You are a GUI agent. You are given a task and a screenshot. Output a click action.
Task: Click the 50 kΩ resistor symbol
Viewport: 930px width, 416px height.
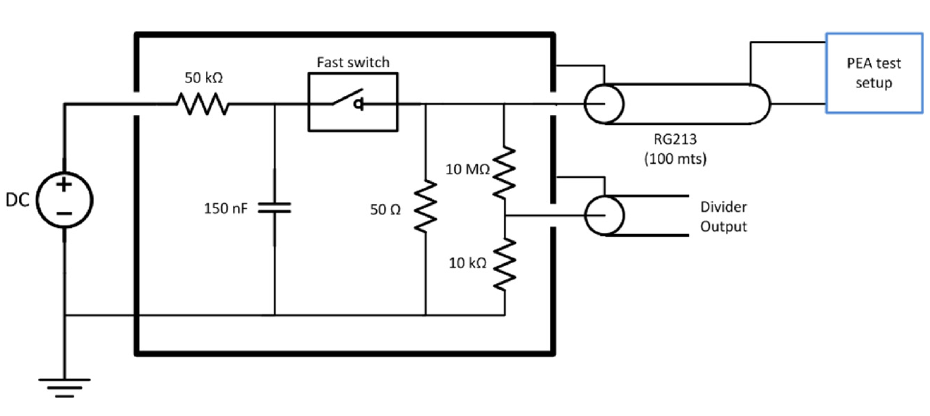point(203,104)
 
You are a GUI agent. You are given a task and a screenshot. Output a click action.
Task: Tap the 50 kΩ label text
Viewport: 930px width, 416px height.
point(204,78)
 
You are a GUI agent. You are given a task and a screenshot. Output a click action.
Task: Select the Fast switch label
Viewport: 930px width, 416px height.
point(353,63)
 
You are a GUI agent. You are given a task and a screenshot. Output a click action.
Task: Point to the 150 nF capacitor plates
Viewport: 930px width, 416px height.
point(274,208)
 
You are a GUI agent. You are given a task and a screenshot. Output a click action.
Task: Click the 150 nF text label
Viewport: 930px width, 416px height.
point(226,208)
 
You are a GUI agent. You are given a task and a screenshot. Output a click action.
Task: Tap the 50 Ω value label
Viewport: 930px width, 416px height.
point(385,210)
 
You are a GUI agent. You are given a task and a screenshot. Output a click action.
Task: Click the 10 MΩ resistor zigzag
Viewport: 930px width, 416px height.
point(504,172)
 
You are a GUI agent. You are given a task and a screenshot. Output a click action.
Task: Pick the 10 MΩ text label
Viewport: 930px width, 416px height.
point(467,170)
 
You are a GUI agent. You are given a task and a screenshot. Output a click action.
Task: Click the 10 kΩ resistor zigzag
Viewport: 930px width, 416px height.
point(504,264)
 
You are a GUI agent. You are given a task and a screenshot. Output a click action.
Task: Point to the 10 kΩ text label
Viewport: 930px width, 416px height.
point(467,263)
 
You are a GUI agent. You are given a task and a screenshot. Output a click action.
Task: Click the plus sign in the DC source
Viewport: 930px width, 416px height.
point(64,185)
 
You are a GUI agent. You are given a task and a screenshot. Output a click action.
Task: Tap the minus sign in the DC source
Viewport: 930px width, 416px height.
point(64,213)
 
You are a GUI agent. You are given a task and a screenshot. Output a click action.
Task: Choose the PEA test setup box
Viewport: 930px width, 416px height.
point(874,73)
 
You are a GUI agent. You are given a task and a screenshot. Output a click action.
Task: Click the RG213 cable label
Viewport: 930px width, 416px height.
point(675,139)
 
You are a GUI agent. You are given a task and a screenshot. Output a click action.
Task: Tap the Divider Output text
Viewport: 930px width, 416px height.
point(723,217)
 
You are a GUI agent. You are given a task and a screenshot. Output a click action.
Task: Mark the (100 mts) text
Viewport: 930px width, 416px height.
point(675,159)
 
